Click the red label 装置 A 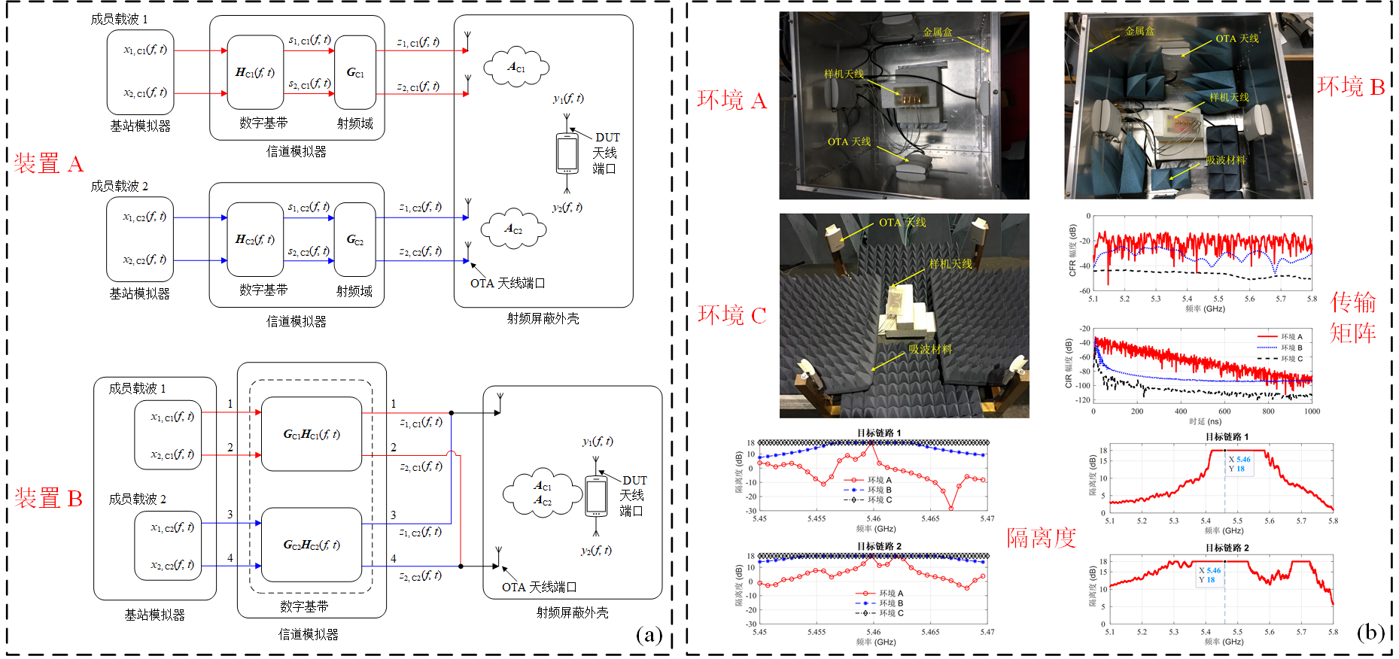(49, 163)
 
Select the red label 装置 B (49, 498)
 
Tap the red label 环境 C (731, 314)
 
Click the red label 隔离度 (1041, 537)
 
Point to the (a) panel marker (649, 636)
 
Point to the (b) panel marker (1370, 632)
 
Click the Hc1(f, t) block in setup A (255, 72)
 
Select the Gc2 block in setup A (355, 240)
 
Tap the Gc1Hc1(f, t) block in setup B (312, 434)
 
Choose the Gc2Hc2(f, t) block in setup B (312, 545)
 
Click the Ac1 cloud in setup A (516, 68)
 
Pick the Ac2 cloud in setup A (513, 229)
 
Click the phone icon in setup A (567, 153)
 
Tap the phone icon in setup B (596, 497)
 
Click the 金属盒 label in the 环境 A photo (938, 32)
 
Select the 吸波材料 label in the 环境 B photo (1226, 160)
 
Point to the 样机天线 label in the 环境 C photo (950, 264)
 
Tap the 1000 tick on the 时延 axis (1312, 411)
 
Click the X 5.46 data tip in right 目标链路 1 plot (1239, 459)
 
